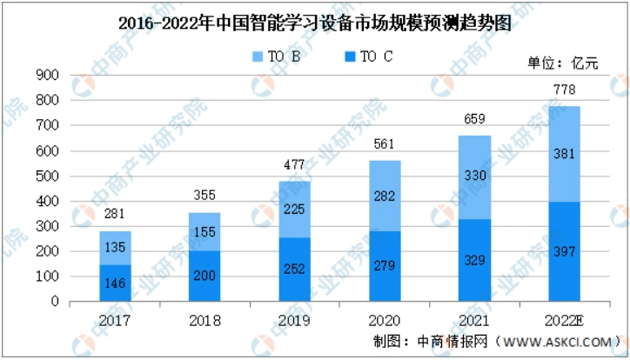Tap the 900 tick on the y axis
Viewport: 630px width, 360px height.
pos(47,76)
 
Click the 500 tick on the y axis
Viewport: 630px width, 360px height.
pos(47,177)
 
